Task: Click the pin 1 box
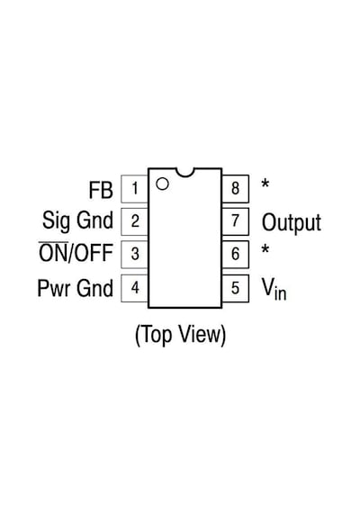[134, 189]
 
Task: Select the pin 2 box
[134, 221]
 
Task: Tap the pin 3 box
[134, 254]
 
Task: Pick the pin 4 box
[134, 288]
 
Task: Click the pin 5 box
[235, 288]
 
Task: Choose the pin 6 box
[235, 254]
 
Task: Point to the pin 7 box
[235, 221]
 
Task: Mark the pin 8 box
[235, 189]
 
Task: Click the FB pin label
[101, 190]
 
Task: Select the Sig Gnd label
[78, 221]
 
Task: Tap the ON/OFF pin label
[76, 253]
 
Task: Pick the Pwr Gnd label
[76, 288]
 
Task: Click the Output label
[292, 223]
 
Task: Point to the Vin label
[274, 289]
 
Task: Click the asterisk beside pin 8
[265, 184]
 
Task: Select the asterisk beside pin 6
[265, 249]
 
